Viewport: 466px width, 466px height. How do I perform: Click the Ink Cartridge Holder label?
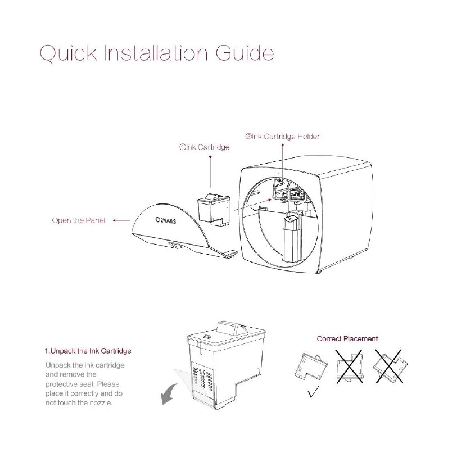coord(283,137)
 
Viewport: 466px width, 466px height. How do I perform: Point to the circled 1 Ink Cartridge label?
coord(204,148)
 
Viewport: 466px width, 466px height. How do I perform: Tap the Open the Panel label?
coord(78,220)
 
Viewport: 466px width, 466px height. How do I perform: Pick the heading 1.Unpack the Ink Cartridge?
coord(88,351)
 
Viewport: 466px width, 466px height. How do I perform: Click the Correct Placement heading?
coord(347,339)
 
